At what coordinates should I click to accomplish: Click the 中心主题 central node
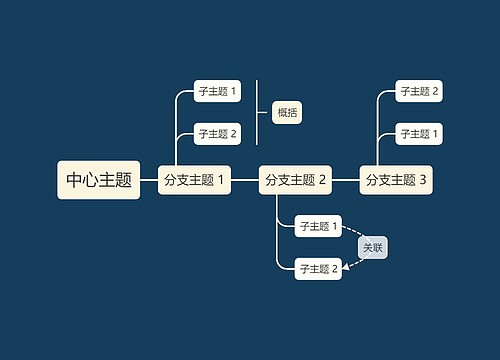[99, 180]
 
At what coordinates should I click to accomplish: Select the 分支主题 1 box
[195, 180]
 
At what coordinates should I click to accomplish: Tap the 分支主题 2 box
[295, 180]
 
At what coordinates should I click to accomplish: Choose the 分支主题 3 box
[396, 180]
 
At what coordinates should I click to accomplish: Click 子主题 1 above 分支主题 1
[218, 92]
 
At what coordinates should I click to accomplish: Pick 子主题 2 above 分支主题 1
[218, 133]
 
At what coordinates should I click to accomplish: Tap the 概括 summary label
[286, 112]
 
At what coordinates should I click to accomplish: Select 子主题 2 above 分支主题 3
[420, 92]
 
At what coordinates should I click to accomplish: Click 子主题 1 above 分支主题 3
[420, 133]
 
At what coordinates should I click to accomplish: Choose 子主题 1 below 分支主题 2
[319, 226]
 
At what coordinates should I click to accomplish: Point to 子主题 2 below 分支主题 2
[319, 267]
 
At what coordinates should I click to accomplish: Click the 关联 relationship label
[372, 247]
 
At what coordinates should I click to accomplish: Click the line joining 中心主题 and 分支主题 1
[149, 180]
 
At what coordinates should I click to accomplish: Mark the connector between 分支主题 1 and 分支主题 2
[245, 180]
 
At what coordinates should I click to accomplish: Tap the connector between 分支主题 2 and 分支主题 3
[345, 180]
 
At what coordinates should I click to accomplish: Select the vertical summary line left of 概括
[257, 112]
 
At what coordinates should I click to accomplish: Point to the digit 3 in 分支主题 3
[423, 180]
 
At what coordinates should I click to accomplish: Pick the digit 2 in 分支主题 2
[323, 180]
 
